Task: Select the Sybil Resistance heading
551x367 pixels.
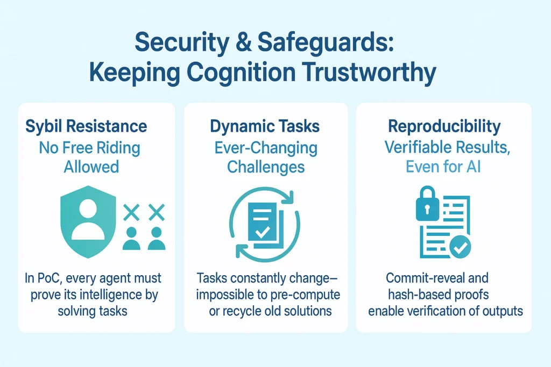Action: coord(86,126)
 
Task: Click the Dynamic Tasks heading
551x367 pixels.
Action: coord(265,126)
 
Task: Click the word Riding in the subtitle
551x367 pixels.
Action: coord(118,148)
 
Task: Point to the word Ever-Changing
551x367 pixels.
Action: coord(266,148)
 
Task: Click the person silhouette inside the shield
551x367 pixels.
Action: coord(88,221)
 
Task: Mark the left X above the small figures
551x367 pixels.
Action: coord(131,212)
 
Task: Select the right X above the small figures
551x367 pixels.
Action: coord(157,212)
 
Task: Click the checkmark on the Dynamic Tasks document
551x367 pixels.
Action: coord(262,232)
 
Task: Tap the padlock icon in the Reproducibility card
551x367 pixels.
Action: coord(427,204)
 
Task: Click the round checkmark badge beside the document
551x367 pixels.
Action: coord(460,247)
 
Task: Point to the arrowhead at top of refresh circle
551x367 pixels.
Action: coord(289,197)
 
